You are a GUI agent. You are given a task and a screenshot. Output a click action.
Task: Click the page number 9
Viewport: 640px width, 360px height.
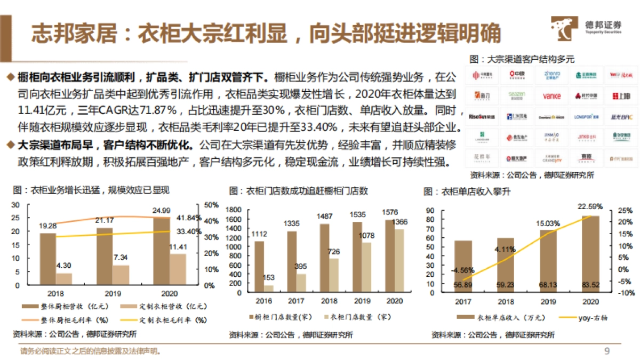pos(606,350)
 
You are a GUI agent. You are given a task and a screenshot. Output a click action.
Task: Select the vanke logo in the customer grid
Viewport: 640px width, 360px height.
pos(551,96)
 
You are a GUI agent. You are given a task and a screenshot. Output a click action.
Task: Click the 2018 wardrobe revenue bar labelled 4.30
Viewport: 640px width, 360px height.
pos(64,279)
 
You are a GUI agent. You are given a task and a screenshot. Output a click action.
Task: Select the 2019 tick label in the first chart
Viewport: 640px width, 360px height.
pos(113,293)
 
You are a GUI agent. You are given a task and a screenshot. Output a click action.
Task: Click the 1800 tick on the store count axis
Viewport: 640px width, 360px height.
pos(234,211)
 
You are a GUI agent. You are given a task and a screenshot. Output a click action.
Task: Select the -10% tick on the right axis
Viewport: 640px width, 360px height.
pos(626,293)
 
